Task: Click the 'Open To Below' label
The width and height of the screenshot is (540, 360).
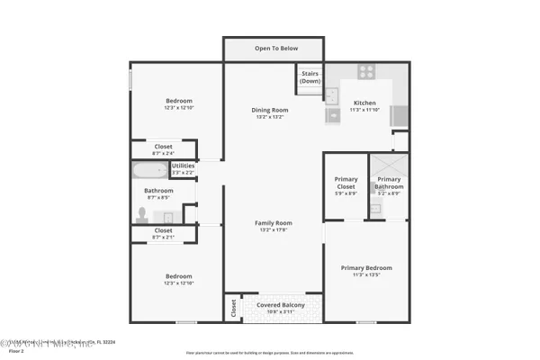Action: click(x=275, y=49)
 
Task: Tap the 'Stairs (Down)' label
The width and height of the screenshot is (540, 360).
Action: click(x=310, y=77)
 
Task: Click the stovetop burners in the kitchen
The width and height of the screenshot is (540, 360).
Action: click(x=366, y=72)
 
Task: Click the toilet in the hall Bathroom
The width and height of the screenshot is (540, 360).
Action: click(x=141, y=214)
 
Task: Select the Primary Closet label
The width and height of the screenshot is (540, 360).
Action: click(x=346, y=185)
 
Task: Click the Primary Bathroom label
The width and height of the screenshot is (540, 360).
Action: click(x=389, y=184)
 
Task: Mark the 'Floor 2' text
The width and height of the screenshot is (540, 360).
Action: click(x=16, y=352)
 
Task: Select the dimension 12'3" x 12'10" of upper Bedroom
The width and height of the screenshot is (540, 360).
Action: click(x=178, y=108)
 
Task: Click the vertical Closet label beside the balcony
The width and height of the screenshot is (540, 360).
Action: click(x=233, y=308)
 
